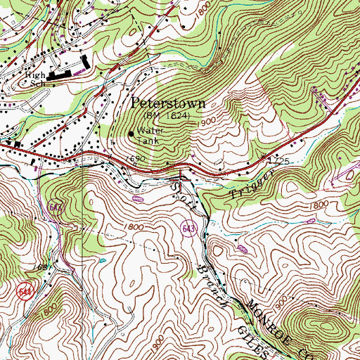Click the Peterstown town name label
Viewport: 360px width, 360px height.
pyautogui.click(x=169, y=103)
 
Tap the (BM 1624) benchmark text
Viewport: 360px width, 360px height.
pyautogui.click(x=165, y=114)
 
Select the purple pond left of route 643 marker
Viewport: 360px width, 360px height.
pyautogui.click(x=138, y=200)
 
